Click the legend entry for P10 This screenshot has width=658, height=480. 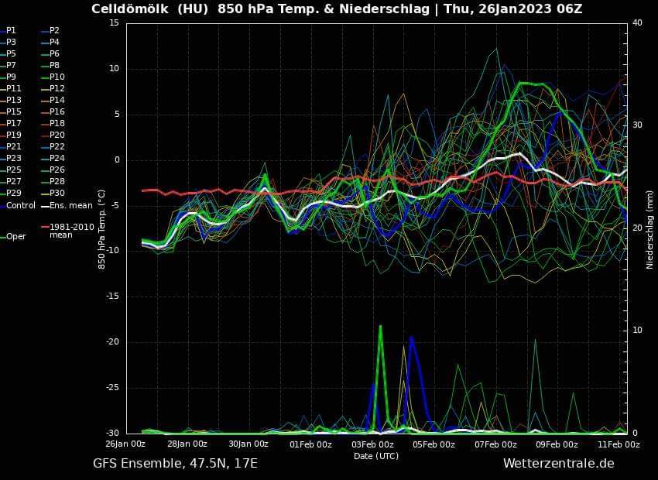(x=57, y=77)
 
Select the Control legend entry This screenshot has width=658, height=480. (x=21, y=205)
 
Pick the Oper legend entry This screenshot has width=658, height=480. (x=15, y=236)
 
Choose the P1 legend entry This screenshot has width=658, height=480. (x=11, y=30)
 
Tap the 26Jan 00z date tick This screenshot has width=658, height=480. (x=125, y=444)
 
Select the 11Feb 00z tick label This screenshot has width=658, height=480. (x=619, y=444)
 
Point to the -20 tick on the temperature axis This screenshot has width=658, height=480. (x=112, y=342)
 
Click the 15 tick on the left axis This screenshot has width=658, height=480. (x=114, y=22)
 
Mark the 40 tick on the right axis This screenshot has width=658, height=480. (x=637, y=22)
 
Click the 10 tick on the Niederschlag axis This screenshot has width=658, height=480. (x=637, y=331)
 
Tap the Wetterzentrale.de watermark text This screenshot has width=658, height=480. (x=558, y=463)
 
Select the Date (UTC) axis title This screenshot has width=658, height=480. (x=376, y=456)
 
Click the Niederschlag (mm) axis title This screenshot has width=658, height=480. (x=650, y=228)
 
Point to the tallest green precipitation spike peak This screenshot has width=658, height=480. (x=380, y=326)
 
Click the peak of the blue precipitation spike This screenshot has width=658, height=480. (x=411, y=337)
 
